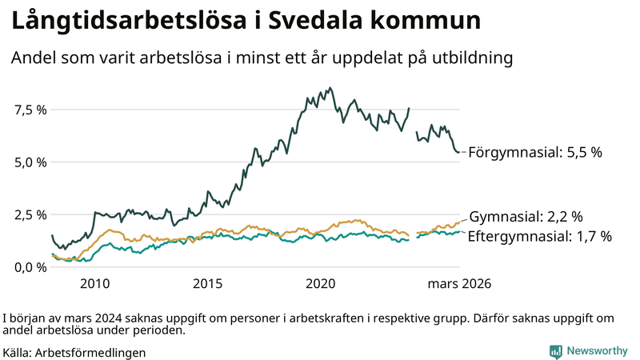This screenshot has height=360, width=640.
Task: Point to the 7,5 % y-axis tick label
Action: coord(29,110)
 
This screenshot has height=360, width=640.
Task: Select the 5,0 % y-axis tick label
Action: coord(29,162)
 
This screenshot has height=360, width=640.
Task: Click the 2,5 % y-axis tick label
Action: coord(29,215)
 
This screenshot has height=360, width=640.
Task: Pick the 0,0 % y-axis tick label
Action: coord(29,267)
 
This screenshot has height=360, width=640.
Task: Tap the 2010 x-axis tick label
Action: coord(94,284)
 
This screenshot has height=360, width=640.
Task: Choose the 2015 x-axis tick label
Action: coord(207,284)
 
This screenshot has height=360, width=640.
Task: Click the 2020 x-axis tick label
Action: coord(320,284)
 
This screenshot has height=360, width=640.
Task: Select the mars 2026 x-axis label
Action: coord(459,284)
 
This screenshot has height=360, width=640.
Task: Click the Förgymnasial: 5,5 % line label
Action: coord(534,151)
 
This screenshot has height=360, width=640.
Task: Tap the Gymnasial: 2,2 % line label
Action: coord(526,217)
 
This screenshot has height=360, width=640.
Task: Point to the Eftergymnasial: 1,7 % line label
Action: coord(539,236)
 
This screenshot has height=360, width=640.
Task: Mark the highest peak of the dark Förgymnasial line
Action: coord(331,88)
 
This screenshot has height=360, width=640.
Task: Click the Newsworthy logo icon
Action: coord(555,351)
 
